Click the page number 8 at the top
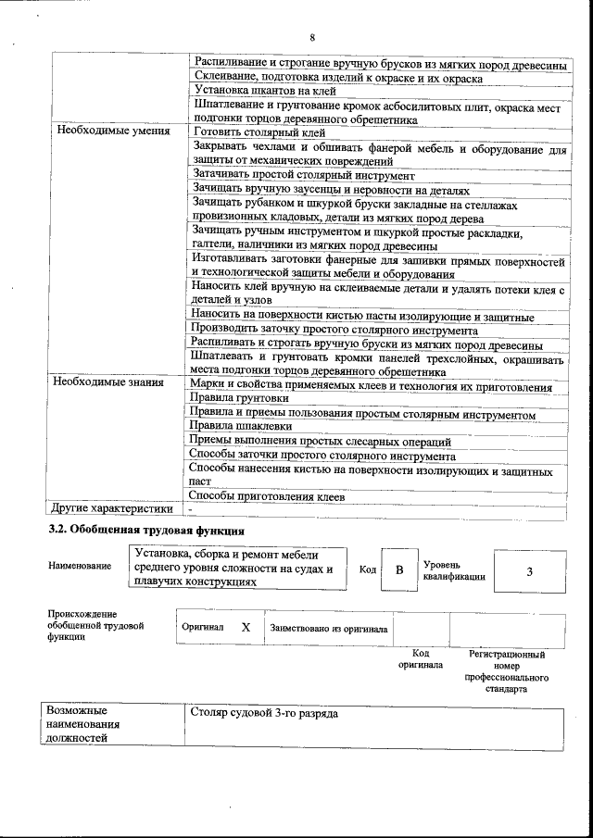coord(312,37)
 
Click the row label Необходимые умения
coord(113,131)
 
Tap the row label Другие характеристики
coord(111,508)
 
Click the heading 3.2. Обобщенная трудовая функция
coord(146,531)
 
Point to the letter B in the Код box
coord(399,570)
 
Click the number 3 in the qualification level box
coord(529,571)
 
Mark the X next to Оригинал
coord(246,627)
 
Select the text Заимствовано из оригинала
coord(328,628)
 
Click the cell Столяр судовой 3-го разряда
coord(264,714)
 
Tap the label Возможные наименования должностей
coord(83,725)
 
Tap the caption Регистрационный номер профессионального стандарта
coord(506,671)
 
